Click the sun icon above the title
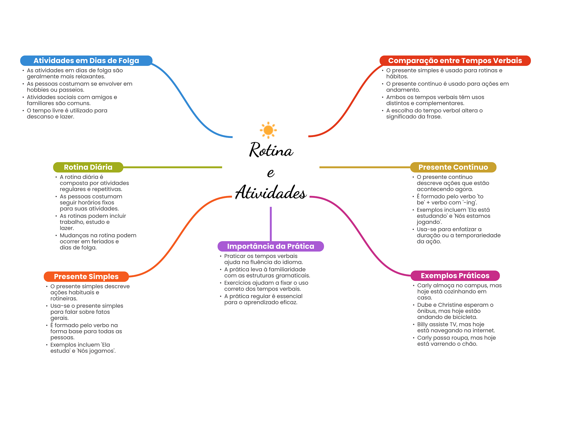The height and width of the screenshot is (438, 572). (268, 130)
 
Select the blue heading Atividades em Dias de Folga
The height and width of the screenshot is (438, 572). (86, 61)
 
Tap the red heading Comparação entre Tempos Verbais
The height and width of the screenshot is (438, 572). (455, 61)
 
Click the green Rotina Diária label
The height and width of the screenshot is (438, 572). (88, 167)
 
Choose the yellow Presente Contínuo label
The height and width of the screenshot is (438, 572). (453, 167)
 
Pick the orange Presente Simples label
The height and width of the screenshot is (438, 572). (86, 277)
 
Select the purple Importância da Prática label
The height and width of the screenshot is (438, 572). (270, 246)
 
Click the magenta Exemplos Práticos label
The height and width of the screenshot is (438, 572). (455, 276)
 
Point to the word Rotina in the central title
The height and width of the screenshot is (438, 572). (271, 150)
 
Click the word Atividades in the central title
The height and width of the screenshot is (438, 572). (271, 192)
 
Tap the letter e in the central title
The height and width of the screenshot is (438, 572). (271, 173)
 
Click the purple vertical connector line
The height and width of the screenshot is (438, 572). (271, 223)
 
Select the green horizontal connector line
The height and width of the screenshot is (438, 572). (172, 167)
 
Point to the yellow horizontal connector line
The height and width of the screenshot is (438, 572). (364, 167)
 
